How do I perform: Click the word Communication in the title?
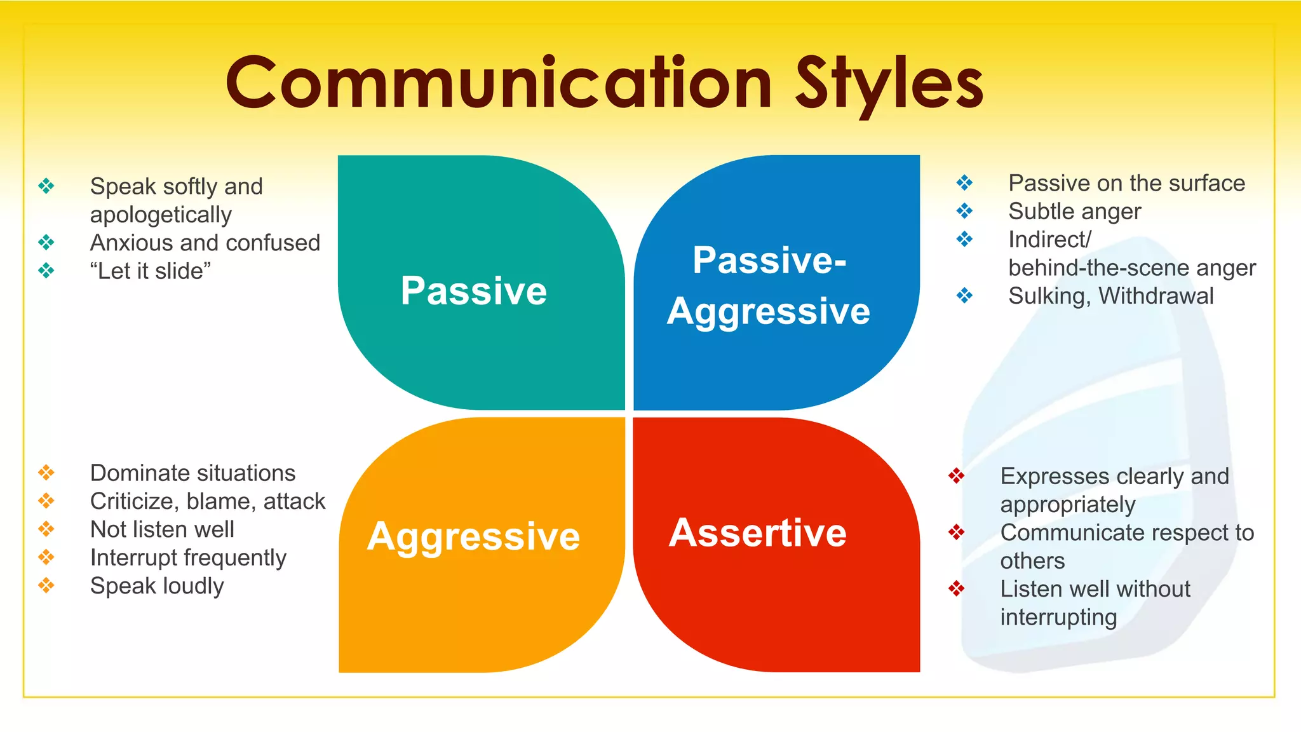[x=499, y=83]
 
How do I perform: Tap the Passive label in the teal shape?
[x=474, y=291]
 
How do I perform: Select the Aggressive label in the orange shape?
[x=474, y=536]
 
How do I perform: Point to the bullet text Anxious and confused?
[x=205, y=243]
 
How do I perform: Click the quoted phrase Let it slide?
[x=151, y=271]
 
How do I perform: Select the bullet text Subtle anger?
[x=1075, y=212]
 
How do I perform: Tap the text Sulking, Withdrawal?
[x=1111, y=296]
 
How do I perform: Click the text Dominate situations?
[x=193, y=473]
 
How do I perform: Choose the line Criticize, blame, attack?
[x=208, y=501]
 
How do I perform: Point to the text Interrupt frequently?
[x=189, y=558]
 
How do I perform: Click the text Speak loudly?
[x=157, y=586]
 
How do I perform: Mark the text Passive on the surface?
[x=1127, y=184]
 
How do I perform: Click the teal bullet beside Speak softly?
[x=46, y=186]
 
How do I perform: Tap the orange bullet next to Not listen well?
[x=46, y=529]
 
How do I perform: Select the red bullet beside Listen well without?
[x=957, y=588]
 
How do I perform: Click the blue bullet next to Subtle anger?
[x=964, y=210]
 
